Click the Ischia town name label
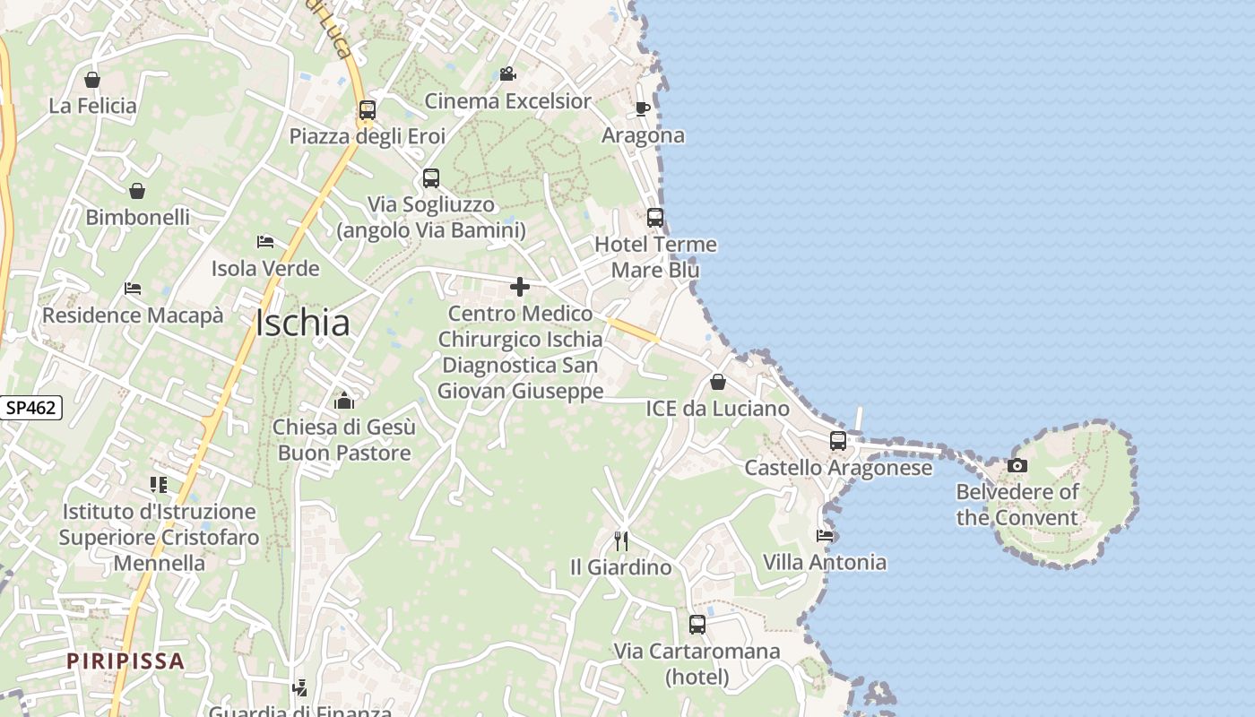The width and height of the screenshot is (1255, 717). [x=302, y=323]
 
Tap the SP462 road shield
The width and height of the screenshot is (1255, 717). [x=30, y=408]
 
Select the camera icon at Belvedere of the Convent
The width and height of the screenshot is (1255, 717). [x=1017, y=465]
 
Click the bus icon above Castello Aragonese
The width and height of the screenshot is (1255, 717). [x=837, y=441]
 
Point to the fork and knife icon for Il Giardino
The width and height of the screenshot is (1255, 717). [x=620, y=540]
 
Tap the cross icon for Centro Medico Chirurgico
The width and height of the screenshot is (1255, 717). [x=519, y=287]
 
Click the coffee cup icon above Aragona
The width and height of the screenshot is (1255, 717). [x=642, y=109]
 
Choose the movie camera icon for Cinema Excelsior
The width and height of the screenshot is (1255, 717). [x=507, y=73]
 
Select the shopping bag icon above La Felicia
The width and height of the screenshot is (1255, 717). [x=91, y=80]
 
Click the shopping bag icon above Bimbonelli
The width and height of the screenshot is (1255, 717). [x=137, y=191]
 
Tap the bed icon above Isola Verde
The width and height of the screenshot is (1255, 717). [x=264, y=242]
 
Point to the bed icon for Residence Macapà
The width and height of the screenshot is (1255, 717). [x=133, y=289]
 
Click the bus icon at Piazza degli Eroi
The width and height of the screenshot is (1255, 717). [x=367, y=110]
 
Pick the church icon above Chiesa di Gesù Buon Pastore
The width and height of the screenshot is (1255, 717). [x=344, y=401]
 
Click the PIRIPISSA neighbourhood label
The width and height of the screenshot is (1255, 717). [x=125, y=661]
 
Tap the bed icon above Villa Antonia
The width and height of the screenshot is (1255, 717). [x=825, y=536]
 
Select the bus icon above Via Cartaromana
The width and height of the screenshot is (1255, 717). [x=697, y=625]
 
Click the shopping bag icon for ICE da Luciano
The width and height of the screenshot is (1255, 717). [x=718, y=383]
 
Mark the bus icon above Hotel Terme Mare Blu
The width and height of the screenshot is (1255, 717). [x=655, y=218]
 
